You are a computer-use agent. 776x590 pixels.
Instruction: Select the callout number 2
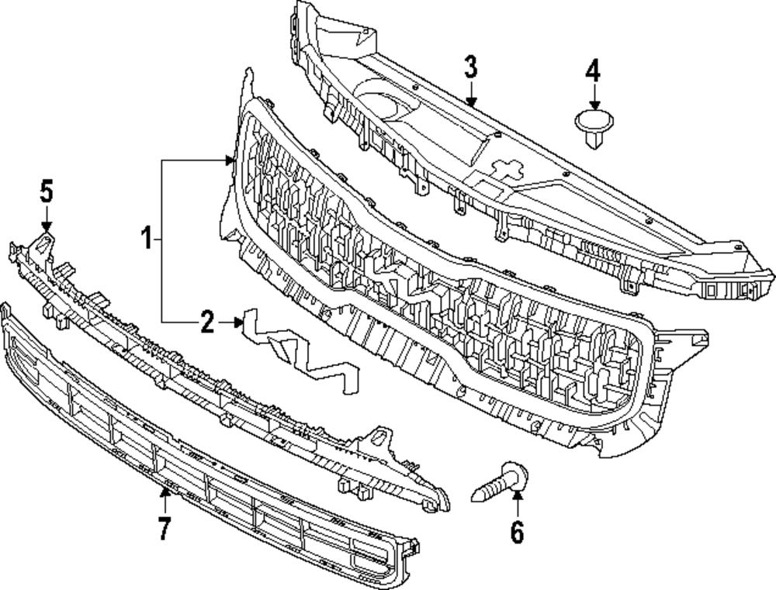206,322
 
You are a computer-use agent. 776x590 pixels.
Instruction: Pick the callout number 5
46,190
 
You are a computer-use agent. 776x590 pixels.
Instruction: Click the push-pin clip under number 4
593,126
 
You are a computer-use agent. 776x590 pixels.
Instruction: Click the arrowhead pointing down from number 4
593,105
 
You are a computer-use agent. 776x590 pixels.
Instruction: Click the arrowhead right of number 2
239,321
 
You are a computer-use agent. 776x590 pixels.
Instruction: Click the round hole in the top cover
382,104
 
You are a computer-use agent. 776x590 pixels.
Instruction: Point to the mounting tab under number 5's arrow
45,244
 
